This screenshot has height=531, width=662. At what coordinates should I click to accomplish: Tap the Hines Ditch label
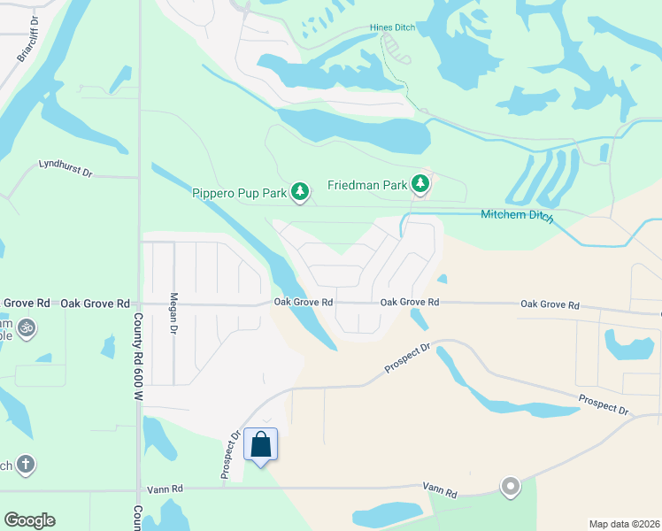pyautogui.click(x=392, y=27)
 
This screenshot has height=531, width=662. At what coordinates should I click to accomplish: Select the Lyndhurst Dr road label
pyautogui.click(x=65, y=167)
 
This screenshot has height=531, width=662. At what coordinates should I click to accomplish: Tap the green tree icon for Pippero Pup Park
pyautogui.click(x=301, y=190)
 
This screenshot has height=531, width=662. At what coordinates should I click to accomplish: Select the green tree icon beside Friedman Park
pyautogui.click(x=420, y=184)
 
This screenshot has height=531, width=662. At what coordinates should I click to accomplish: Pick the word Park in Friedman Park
pyautogui.click(x=396, y=185)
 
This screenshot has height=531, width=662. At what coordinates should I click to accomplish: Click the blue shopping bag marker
pyautogui.click(x=261, y=443)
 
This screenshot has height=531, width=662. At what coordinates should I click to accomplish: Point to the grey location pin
pyautogui.click(x=510, y=486)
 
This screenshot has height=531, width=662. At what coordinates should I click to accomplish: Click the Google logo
pyautogui.click(x=29, y=520)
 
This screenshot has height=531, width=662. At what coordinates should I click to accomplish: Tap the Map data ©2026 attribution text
pyautogui.click(x=624, y=524)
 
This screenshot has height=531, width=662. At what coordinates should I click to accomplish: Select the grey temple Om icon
pyautogui.click(x=27, y=327)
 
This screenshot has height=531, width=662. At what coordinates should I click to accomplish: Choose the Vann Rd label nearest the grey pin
pyautogui.click(x=439, y=489)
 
